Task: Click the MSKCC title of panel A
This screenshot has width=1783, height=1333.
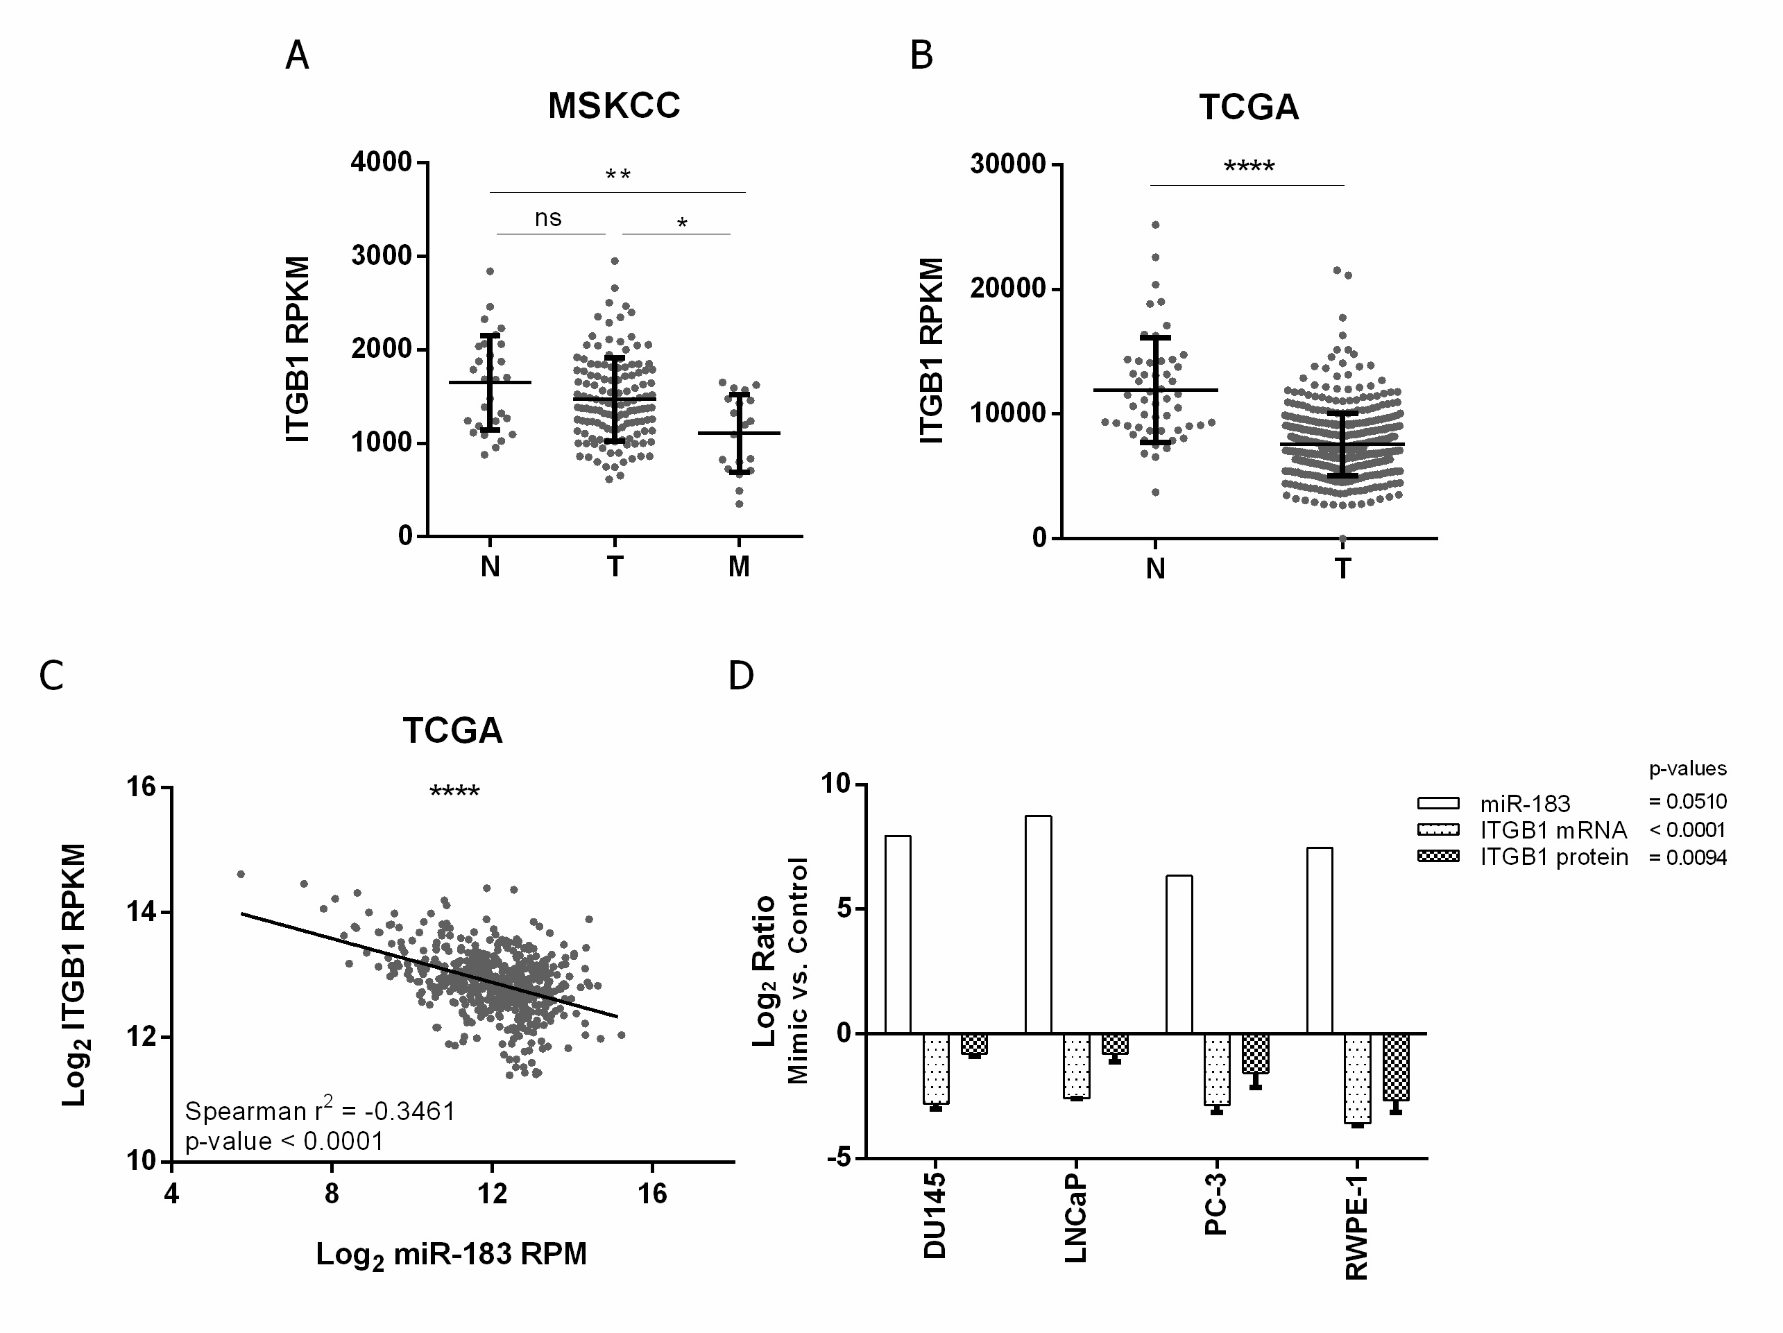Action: pos(613,105)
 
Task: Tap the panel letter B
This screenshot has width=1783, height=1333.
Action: pos(921,55)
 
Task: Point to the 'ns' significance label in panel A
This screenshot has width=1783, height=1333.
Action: pos(548,218)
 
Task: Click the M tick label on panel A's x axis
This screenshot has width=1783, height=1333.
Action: pos(739,567)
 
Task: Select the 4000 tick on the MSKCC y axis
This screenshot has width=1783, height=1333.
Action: pos(382,162)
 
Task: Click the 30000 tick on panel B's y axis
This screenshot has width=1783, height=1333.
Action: pos(1007,164)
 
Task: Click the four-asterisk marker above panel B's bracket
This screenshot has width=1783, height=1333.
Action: pos(1249,168)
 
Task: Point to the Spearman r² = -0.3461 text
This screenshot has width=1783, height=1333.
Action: pos(320,1110)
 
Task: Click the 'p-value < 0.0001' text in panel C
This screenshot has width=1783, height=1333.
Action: pos(284,1141)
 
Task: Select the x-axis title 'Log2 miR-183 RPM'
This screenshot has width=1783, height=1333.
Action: pos(452,1255)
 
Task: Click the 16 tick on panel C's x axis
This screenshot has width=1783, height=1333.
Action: pos(652,1194)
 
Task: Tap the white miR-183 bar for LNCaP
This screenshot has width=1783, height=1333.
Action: pos(1038,925)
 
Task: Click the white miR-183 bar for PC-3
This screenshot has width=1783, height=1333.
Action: pos(1179,954)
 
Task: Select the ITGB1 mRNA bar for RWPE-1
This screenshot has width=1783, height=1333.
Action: pos(1358,1078)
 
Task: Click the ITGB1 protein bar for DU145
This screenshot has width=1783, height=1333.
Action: pos(974,1044)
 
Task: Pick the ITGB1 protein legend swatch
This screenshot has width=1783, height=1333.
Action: pos(1438,857)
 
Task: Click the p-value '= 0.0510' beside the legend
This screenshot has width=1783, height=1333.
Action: pos(1687,802)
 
